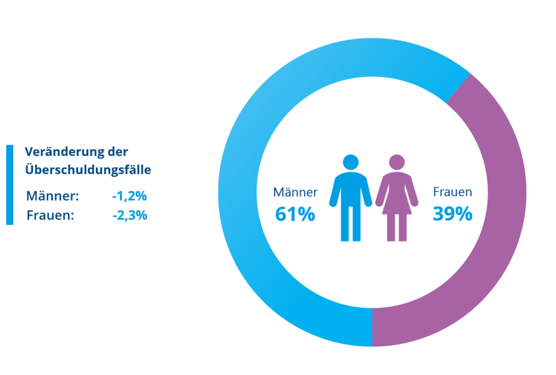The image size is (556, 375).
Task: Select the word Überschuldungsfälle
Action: [88, 170]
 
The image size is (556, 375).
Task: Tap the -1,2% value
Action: [129, 196]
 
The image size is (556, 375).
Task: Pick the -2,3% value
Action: [129, 215]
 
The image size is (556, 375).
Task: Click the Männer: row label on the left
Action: [53, 196]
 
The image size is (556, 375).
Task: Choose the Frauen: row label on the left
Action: [51, 215]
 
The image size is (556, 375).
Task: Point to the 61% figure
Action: [295, 214]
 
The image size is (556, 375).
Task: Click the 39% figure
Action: [453, 214]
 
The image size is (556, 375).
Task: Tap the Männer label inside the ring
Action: [295, 192]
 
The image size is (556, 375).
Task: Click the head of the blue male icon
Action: [351, 162]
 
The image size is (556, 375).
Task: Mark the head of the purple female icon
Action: [397, 162]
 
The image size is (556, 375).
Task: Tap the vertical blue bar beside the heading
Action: [10, 185]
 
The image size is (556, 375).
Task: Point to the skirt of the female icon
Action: [397, 206]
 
